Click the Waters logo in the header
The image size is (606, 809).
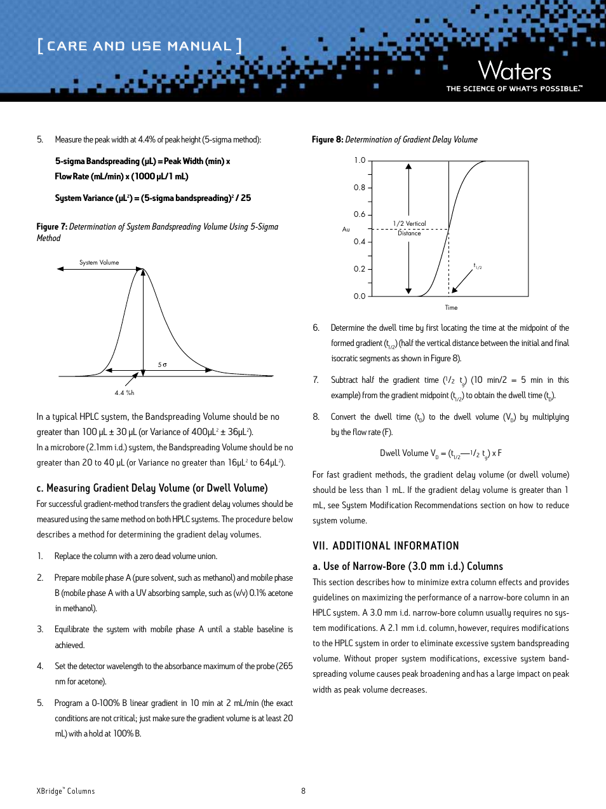point(514,71)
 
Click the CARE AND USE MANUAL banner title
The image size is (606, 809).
point(139,46)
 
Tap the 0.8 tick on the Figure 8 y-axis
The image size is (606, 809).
point(360,188)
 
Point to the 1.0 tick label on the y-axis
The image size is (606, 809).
point(360,160)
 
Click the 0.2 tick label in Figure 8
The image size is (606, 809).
point(360,269)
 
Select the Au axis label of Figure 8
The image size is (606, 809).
point(346,229)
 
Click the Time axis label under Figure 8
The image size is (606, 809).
point(451,308)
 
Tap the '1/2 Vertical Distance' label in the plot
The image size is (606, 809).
point(409,228)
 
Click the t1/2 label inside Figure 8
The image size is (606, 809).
point(478,266)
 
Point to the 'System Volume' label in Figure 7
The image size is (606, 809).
point(99,263)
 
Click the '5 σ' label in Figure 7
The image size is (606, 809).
point(163,365)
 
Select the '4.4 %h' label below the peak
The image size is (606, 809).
point(125,393)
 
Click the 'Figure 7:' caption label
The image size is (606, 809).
point(51,226)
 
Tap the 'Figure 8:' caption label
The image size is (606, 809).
point(327,139)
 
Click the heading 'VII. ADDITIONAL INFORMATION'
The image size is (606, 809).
point(386,546)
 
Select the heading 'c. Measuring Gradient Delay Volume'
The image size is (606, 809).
point(152,488)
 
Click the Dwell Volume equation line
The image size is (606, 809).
point(440,453)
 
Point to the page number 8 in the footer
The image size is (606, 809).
point(303,791)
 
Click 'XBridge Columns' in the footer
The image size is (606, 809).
point(65,791)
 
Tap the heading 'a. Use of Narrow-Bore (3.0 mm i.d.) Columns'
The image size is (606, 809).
point(407,566)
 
